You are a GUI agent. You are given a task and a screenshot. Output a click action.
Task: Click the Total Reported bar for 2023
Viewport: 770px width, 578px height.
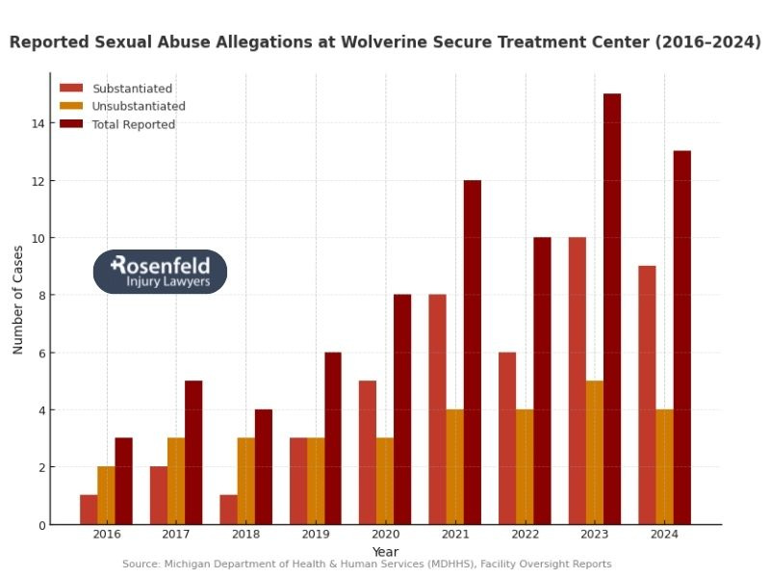pos(612,308)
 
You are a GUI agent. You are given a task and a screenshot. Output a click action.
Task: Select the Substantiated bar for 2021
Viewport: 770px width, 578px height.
pos(437,409)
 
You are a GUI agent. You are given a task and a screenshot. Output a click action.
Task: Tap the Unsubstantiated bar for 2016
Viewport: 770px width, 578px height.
pos(106,495)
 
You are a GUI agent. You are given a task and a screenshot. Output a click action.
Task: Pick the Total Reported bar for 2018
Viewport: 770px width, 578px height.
pos(264,467)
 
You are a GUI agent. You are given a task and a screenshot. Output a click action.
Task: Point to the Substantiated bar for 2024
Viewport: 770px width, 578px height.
pos(647,395)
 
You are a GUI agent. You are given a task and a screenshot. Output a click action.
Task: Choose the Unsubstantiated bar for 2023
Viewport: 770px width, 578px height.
pos(595,453)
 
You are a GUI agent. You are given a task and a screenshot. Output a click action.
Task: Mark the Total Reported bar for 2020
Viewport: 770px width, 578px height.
pos(402,409)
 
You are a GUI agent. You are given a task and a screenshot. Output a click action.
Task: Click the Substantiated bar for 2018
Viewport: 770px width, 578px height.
pos(228,510)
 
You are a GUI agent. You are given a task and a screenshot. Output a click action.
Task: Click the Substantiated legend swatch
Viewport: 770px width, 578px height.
pos(71,89)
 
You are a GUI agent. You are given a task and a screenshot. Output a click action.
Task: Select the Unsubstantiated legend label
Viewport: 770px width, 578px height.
pos(139,107)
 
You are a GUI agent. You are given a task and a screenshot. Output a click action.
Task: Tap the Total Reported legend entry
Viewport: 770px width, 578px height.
pos(133,125)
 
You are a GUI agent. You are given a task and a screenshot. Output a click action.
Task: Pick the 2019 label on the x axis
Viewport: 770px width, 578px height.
pos(316,535)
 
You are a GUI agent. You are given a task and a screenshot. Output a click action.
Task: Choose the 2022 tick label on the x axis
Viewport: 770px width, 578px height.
pos(525,535)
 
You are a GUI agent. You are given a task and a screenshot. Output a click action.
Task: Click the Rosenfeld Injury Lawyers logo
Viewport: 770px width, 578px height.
pos(160,272)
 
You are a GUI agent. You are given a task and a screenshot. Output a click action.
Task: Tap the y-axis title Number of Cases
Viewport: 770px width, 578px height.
pos(18,301)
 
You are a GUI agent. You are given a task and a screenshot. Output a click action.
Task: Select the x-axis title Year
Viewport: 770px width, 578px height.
pos(385,551)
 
